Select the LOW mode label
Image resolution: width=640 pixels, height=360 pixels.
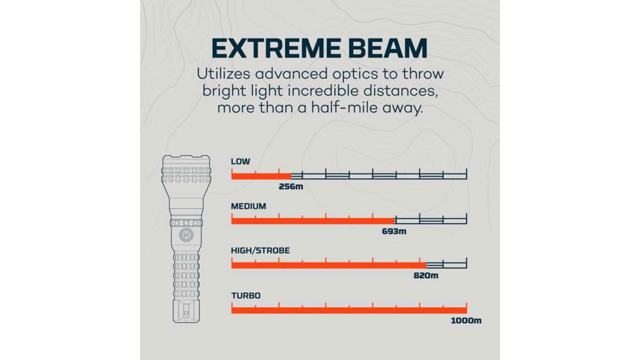pos(240,161)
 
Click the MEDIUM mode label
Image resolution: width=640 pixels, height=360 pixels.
pos(249,206)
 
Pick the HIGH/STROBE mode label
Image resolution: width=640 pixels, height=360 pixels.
pos(260,250)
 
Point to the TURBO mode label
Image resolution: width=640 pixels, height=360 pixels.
pos(245,295)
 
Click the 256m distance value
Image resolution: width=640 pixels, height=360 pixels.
pos(291,187)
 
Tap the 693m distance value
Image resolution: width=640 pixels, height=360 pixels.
pos(395,232)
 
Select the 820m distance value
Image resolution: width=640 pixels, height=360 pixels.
pos(426,276)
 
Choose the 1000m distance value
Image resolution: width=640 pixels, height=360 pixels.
pos(466,321)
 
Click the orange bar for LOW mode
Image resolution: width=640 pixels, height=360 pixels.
pos(261,176)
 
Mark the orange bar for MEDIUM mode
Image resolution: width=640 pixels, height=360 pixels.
pos(313,221)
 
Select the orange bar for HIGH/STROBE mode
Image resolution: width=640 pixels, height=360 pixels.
pos(329,265)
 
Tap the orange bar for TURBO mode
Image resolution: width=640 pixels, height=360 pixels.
pos(349,310)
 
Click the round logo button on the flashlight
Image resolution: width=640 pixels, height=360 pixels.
pos(186,235)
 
